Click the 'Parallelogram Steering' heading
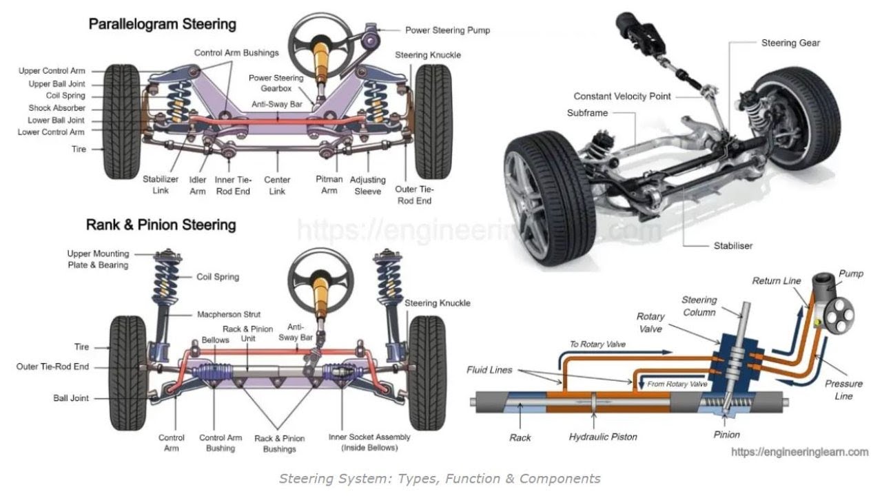coord(162,25)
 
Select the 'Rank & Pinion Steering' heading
coord(161,225)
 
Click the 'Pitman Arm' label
coord(329,185)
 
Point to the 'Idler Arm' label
coord(198,185)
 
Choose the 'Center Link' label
coord(277,185)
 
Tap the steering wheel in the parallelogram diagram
coord(321,43)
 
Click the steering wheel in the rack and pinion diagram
coord(320,275)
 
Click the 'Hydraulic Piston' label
coord(603,437)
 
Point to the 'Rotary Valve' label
coord(650,322)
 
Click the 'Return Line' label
coord(776,281)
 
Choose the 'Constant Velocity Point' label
coord(622,96)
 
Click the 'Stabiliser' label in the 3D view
coord(732,245)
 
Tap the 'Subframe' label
coord(587,113)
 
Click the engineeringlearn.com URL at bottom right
coord(799,453)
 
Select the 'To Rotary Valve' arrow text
coord(597,344)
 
